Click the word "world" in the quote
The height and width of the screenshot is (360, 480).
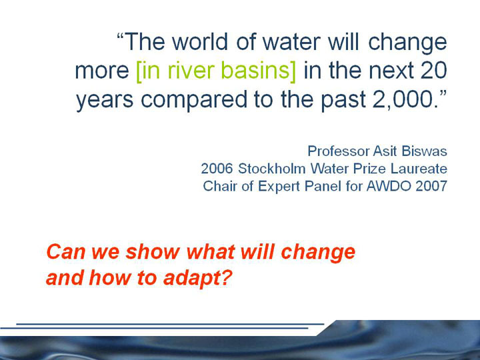pyautogui.click(x=199, y=41)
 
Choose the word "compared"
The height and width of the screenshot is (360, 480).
pyautogui.click(x=193, y=101)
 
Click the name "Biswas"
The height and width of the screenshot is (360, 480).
pyautogui.click(x=424, y=151)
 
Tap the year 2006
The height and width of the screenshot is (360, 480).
pyautogui.click(x=217, y=169)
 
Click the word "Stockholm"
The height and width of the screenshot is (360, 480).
pyautogui.click(x=272, y=169)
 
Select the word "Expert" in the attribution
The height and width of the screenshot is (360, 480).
pyautogui.click(x=279, y=187)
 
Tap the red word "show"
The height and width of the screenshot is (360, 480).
pyautogui.click(x=153, y=252)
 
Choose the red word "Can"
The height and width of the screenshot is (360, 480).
pyautogui.click(x=65, y=252)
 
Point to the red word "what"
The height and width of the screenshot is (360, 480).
pyautogui.click(x=211, y=252)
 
